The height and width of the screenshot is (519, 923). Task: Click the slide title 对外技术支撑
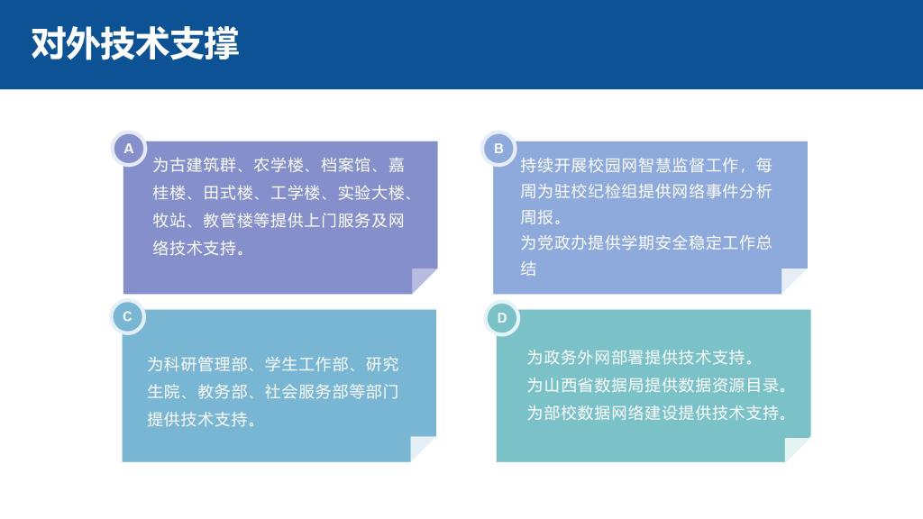pyautogui.click(x=135, y=43)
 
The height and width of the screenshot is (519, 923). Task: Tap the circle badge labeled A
pyautogui.click(x=129, y=149)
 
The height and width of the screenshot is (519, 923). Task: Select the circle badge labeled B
pyautogui.click(x=498, y=149)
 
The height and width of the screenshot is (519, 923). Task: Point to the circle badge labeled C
pyautogui.click(x=128, y=316)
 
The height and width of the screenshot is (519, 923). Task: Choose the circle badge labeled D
pyautogui.click(x=502, y=318)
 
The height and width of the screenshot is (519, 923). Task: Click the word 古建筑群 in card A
pyautogui.click(x=203, y=166)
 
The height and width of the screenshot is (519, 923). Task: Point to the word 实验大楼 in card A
pyautogui.click(x=370, y=193)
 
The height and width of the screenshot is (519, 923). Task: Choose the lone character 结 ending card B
pyautogui.click(x=528, y=269)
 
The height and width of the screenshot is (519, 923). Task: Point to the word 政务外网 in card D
pyautogui.click(x=577, y=357)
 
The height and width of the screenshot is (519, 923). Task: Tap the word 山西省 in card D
pyautogui.click(x=568, y=385)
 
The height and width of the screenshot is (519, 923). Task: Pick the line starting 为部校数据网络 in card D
pyautogui.click(x=657, y=413)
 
